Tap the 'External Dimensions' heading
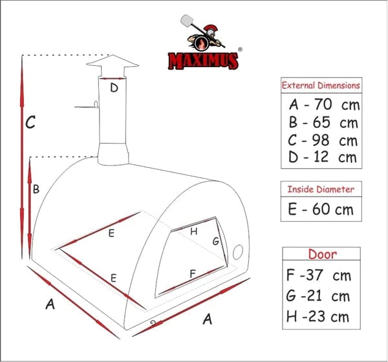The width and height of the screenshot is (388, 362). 321,85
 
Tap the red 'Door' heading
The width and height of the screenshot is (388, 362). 322,254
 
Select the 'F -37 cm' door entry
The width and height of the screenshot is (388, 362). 318,275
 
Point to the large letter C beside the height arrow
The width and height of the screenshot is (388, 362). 30,122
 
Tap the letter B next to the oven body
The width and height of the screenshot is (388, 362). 37,189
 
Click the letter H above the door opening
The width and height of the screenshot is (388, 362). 193,231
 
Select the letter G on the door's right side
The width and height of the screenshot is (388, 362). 216,241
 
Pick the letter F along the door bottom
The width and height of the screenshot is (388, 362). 193,273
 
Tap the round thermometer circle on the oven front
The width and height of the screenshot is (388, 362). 238,250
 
